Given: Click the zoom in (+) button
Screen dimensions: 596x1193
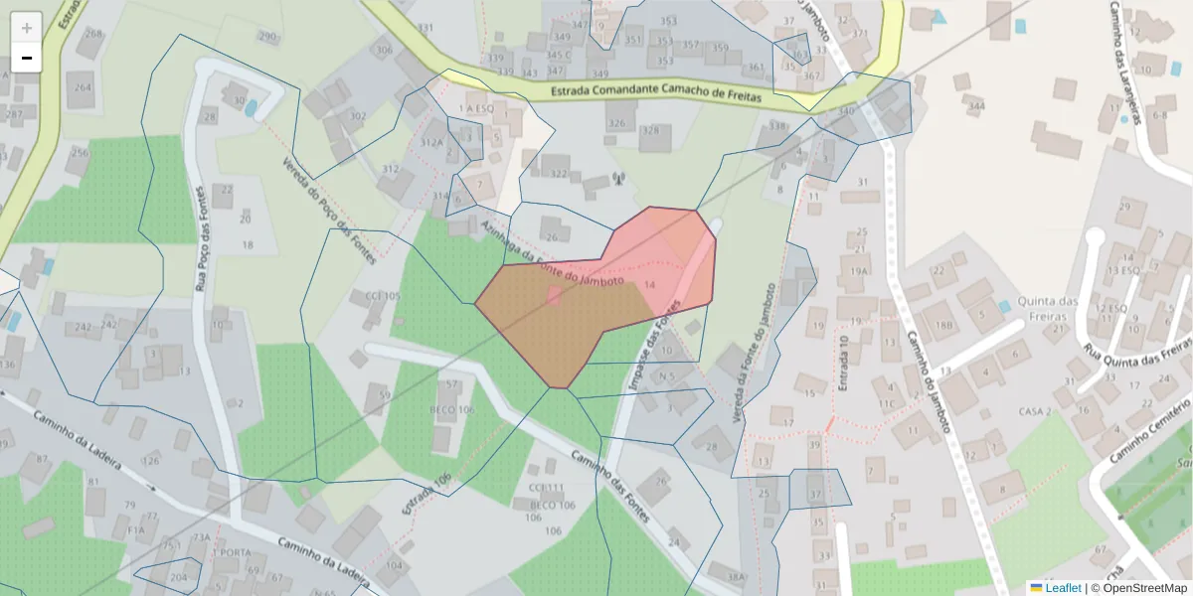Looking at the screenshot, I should pyautogui.click(x=27, y=28).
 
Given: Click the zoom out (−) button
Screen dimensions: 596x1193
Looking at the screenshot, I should pyautogui.click(x=27, y=58).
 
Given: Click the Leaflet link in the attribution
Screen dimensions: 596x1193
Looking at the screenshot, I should pyautogui.click(x=1063, y=588).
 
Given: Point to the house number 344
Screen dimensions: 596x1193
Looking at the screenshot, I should pyautogui.click(x=976, y=106).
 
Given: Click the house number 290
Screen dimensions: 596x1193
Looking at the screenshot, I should pyautogui.click(x=266, y=37).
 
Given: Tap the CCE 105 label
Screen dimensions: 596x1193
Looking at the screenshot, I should pyautogui.click(x=382, y=296).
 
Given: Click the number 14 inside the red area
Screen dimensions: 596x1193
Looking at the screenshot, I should pyautogui.click(x=650, y=285).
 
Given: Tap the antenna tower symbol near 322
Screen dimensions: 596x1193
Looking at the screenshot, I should pyautogui.click(x=616, y=179).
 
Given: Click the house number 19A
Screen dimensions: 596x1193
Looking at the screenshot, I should pyautogui.click(x=859, y=270).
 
